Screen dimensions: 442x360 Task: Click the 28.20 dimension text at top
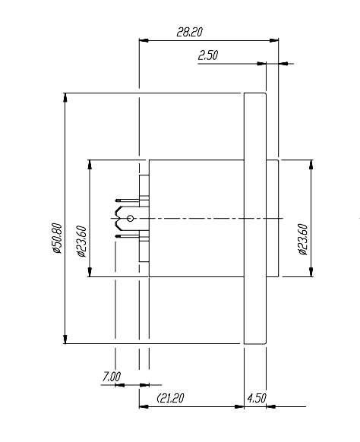pyautogui.click(x=189, y=33)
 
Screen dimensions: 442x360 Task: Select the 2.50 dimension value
pyautogui.click(x=208, y=56)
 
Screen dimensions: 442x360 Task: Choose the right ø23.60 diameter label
pyautogui.click(x=303, y=239)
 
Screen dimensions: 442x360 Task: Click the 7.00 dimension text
pyautogui.click(x=111, y=376)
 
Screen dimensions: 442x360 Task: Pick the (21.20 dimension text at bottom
pyautogui.click(x=173, y=398)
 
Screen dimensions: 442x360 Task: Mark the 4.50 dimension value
pyautogui.click(x=256, y=398)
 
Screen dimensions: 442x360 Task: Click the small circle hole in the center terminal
pyautogui.click(x=130, y=219)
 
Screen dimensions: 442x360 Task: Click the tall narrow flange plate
pyautogui.click(x=254, y=219)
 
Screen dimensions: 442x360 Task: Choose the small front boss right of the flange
pyautogui.click(x=272, y=219)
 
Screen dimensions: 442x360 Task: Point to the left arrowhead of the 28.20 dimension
pyautogui.click(x=142, y=40)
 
